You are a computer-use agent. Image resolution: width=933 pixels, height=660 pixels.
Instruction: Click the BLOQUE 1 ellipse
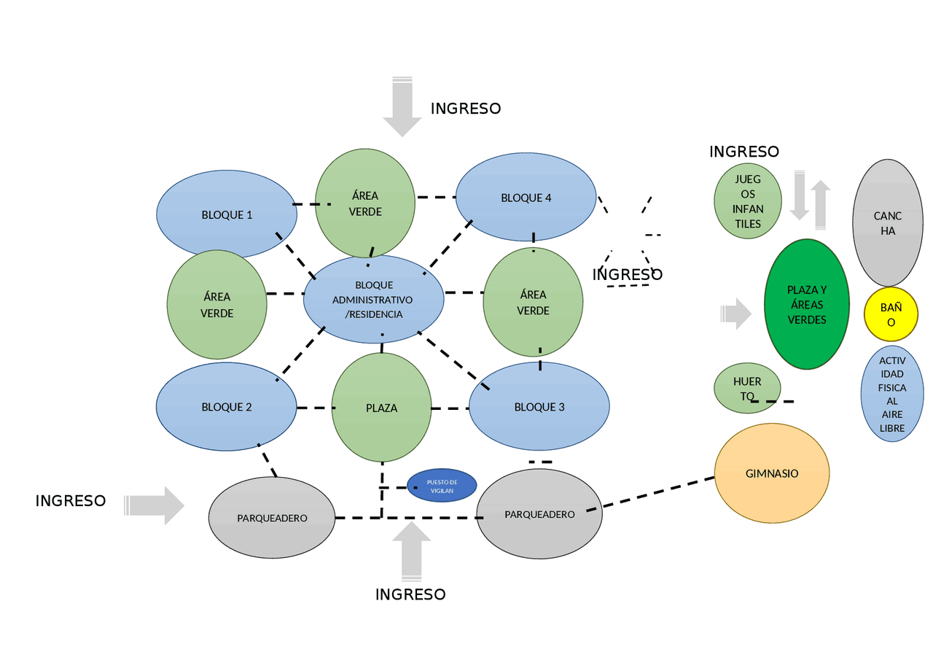pos(226,214)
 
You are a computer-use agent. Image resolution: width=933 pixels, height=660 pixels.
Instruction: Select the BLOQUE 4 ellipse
pos(526,197)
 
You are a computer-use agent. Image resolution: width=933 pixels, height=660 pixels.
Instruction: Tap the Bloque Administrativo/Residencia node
pos(373,299)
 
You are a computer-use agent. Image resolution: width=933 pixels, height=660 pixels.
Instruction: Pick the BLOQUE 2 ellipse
pos(226,406)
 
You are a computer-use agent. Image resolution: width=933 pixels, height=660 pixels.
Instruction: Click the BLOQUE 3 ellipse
pos(539,406)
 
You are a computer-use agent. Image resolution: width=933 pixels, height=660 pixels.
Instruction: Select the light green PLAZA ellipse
pos(381,407)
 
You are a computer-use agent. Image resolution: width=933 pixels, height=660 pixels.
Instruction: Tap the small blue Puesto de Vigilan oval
pos(442,486)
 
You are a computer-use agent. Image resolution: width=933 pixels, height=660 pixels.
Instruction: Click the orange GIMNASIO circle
pos(771,473)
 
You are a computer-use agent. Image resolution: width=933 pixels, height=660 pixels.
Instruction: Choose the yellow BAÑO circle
pos(890,314)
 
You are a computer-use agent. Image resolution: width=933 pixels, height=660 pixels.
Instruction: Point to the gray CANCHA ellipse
pos(887,222)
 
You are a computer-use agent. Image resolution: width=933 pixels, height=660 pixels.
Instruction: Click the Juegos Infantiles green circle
pos(747,201)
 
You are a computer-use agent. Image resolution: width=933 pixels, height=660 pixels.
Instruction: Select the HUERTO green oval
pos(746,388)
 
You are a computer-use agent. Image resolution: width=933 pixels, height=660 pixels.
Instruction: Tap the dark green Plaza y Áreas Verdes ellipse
pos(806,304)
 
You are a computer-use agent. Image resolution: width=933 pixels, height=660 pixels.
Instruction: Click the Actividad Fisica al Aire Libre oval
pos(891,394)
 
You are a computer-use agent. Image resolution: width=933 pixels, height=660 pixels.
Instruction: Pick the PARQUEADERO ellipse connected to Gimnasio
pos(539,514)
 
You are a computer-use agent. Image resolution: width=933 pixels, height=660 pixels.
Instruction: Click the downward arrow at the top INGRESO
pos(402,106)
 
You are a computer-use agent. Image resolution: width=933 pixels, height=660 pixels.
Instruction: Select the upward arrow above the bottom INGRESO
pos(411,551)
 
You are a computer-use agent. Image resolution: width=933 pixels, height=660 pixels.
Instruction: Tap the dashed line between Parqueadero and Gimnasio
pos(656,493)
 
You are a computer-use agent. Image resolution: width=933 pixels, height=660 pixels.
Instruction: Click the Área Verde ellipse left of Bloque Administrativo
pos(216,304)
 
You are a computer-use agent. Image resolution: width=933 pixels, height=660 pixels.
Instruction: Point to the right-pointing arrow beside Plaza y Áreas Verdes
pos(736,314)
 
